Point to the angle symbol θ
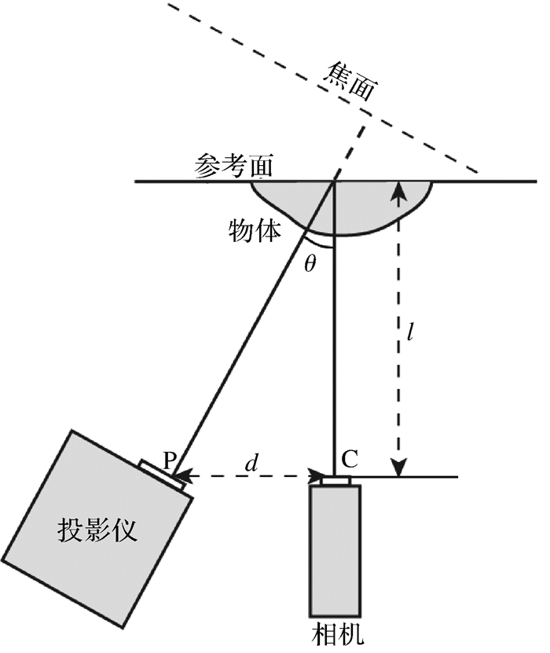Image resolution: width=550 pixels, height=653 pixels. coord(310,262)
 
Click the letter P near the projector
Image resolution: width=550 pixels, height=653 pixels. coord(169,459)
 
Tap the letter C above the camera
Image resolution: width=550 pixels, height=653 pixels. coord(350,459)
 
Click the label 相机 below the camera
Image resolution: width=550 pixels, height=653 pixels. coord(336,634)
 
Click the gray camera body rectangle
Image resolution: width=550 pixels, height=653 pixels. coord(335,551)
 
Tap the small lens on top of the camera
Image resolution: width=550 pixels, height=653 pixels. coord(335,480)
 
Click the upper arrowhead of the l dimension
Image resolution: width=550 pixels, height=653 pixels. coord(400,189)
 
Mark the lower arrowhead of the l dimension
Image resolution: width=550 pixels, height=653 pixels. coord(400,469)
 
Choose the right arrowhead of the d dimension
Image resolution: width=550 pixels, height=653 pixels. coord(317,475)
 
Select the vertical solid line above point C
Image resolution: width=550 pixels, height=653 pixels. coord(335,354)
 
